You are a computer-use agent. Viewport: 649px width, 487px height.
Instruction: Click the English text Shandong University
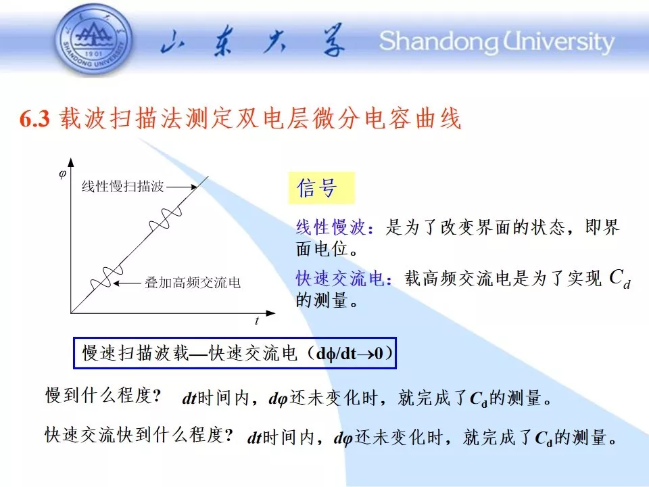497,41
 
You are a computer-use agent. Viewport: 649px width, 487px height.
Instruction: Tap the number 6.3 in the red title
34,119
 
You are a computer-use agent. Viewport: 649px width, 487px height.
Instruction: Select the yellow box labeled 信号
321,188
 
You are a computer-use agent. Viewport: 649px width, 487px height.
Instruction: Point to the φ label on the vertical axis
62,175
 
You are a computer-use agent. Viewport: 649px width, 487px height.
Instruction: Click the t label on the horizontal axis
257,321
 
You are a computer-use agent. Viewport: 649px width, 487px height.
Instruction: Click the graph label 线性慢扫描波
123,187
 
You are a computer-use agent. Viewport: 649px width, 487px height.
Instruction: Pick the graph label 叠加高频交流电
193,283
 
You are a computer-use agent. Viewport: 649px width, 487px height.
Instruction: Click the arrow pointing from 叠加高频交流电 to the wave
126,283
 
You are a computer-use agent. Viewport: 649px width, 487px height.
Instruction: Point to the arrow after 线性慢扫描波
182,187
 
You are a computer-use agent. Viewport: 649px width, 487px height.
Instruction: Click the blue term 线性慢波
331,227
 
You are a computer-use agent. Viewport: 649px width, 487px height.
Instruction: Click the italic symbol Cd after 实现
620,278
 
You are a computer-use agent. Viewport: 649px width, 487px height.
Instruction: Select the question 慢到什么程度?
103,396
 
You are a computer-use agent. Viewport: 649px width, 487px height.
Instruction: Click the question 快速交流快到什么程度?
139,435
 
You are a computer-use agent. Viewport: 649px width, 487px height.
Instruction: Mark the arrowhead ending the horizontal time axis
270,313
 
